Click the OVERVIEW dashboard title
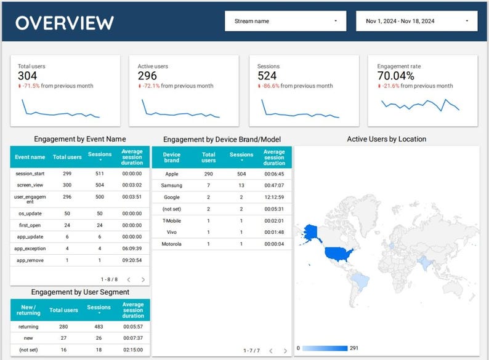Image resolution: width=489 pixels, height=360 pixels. coord(65,22)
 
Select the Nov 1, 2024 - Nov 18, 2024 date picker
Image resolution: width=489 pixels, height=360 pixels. coord(416,21)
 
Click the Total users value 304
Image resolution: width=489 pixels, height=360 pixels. coord(28,76)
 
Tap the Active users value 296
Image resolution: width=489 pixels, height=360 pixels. coord(148,76)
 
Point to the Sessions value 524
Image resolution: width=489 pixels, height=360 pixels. coord(268,76)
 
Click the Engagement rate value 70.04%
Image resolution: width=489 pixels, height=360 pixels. coord(395,76)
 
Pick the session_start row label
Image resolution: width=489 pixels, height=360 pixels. coord(30,174)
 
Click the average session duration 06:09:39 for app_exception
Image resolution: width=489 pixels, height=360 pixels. coord(132,249)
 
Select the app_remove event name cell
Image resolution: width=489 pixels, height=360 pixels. coord(30,260)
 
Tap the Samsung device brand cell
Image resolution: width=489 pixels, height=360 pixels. coord(172,185)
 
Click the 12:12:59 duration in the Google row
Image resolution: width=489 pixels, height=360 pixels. coord(274,197)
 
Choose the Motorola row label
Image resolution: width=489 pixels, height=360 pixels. coord(172,244)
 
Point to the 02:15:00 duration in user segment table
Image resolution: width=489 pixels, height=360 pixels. coord(132,349)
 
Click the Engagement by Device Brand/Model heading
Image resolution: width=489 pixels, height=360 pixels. coord(222,140)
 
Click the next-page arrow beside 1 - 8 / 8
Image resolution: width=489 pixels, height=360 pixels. coord(143,279)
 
